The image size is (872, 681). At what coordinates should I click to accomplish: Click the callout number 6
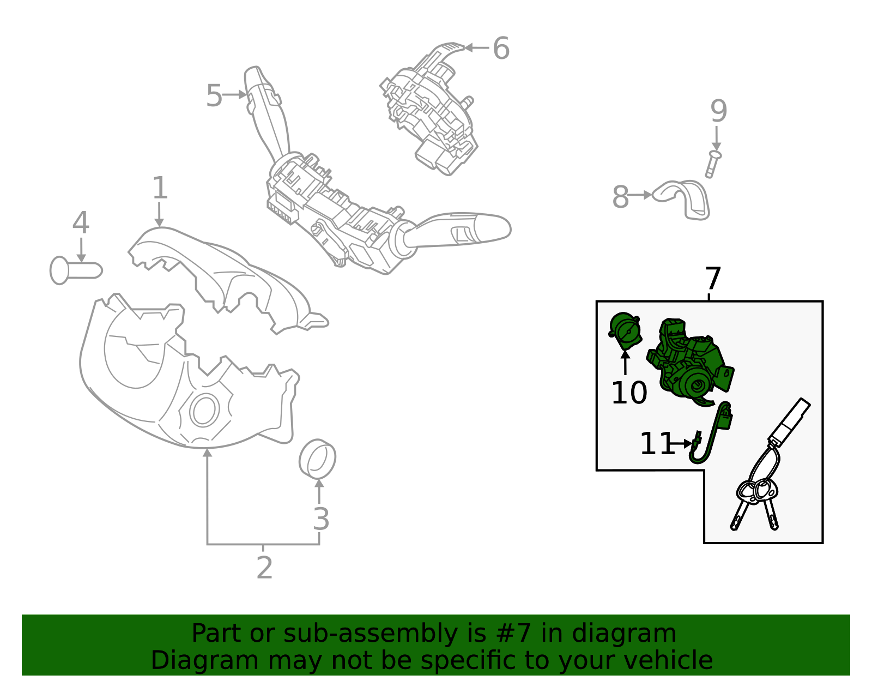[501, 48]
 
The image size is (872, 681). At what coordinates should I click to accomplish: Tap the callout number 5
[214, 95]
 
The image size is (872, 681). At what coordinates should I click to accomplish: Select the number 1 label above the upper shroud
[160, 188]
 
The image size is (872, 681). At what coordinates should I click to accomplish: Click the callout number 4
[81, 222]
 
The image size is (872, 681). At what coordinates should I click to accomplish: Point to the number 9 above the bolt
[719, 111]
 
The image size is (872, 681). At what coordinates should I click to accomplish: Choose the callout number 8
[620, 197]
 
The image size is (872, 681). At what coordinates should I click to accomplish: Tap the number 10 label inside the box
[629, 393]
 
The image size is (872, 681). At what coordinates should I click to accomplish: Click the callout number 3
[321, 519]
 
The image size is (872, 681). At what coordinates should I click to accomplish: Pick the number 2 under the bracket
[264, 568]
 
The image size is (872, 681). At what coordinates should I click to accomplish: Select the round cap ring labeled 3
[317, 459]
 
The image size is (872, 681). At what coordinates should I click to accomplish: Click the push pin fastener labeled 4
[76, 270]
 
